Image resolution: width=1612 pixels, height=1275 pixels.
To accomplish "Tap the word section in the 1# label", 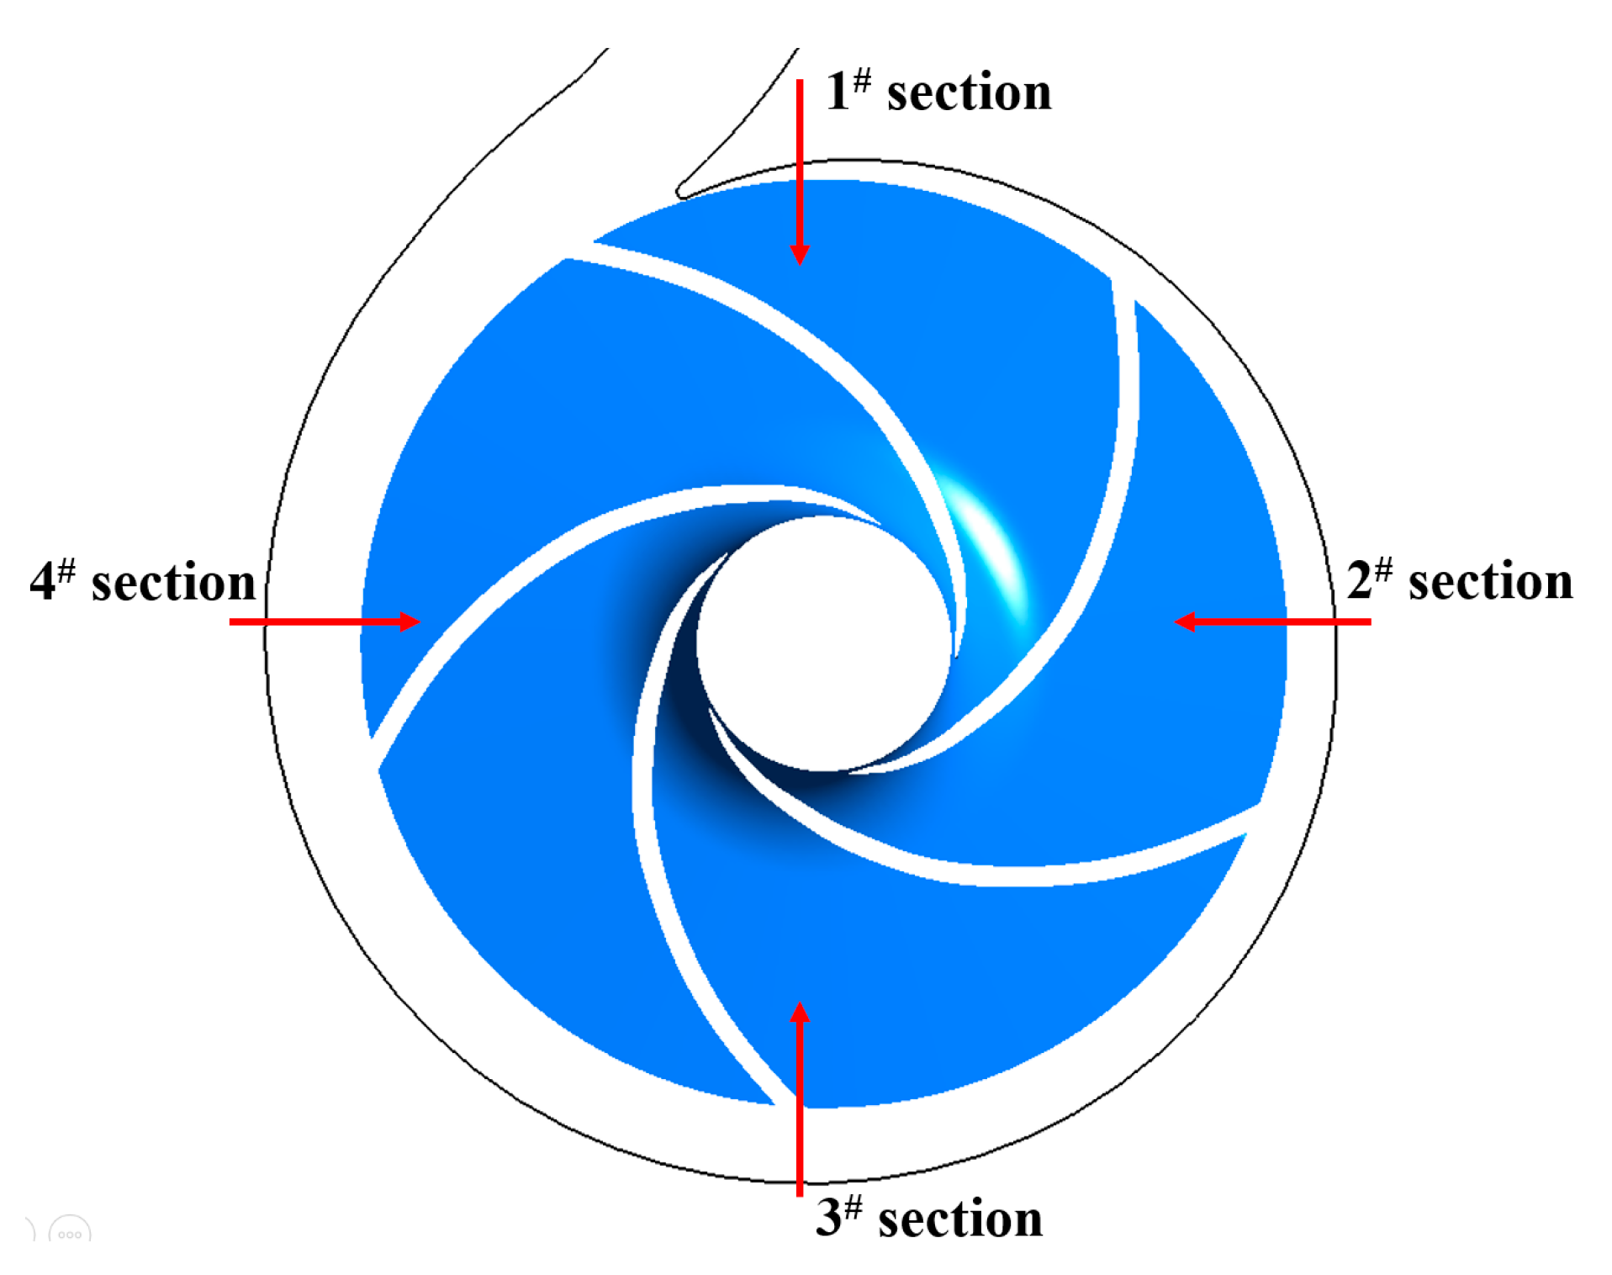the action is pos(969,93).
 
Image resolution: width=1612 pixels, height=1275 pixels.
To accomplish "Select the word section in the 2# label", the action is pos(1490,582).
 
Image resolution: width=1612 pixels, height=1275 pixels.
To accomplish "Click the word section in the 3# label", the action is pos(959,1219).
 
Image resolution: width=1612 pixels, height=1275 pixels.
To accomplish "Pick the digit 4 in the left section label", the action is pos(43,581).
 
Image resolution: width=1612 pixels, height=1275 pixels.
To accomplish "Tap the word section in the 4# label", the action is pos(173,583).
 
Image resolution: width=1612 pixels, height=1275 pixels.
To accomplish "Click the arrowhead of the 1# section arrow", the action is pos(800,254).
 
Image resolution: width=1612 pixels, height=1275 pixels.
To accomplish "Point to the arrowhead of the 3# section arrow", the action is pos(800,1013).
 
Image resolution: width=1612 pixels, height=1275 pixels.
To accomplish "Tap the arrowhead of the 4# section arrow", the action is pos(410,622).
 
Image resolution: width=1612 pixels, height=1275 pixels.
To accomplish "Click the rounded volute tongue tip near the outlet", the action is pos(682,191).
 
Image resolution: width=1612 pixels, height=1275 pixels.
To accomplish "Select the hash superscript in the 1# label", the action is pos(862,81).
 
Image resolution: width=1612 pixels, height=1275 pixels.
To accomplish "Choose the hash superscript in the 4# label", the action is pos(67,569).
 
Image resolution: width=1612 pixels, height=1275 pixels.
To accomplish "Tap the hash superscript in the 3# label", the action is pos(853,1207).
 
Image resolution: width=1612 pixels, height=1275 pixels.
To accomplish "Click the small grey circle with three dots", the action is pos(70,1231).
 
